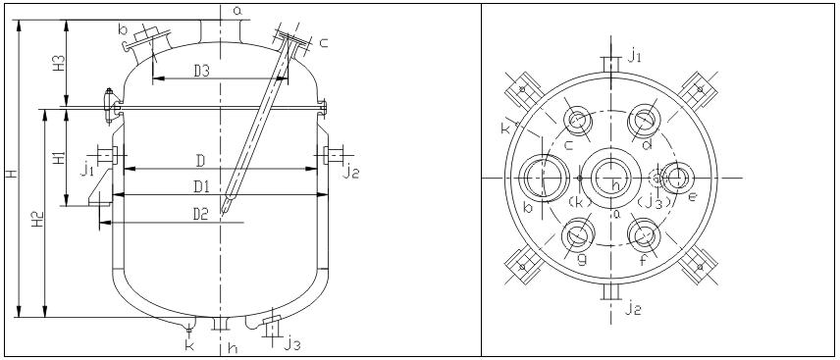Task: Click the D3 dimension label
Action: [201, 71]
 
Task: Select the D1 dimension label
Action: [202, 187]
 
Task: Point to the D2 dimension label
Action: [200, 214]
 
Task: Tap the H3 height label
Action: [60, 63]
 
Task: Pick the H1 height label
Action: [60, 158]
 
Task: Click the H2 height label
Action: [37, 220]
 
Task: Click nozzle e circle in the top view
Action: [677, 178]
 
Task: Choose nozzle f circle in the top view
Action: [644, 235]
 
